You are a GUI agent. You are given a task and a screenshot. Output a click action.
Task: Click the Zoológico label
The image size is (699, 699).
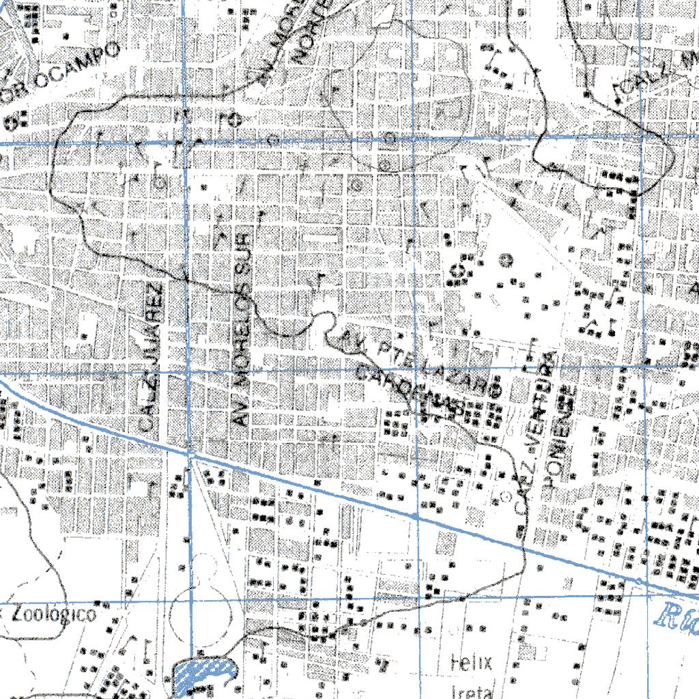(53, 614)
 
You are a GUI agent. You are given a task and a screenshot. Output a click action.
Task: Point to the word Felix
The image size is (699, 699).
(472, 661)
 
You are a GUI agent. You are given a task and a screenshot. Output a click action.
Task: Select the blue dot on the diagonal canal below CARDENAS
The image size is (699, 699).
(415, 515)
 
